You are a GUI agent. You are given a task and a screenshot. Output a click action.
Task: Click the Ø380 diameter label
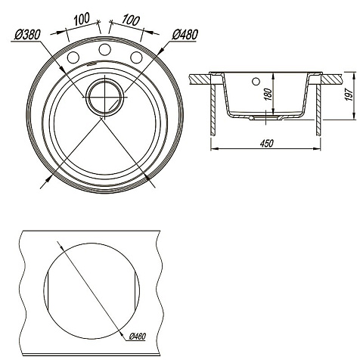(27, 35)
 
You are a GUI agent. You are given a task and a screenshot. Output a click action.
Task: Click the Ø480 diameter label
(185, 35)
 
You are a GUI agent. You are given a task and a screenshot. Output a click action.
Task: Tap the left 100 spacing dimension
(82, 19)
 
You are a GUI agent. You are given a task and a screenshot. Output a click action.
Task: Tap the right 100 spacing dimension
(130, 20)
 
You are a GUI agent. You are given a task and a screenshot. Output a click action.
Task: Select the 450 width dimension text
(266, 144)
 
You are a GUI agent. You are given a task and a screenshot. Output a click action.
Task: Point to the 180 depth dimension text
(269, 95)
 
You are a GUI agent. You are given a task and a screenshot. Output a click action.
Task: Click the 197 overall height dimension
(349, 95)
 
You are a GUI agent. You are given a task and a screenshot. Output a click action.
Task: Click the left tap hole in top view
(73, 57)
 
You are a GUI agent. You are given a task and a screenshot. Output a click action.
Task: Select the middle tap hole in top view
(105, 49)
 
